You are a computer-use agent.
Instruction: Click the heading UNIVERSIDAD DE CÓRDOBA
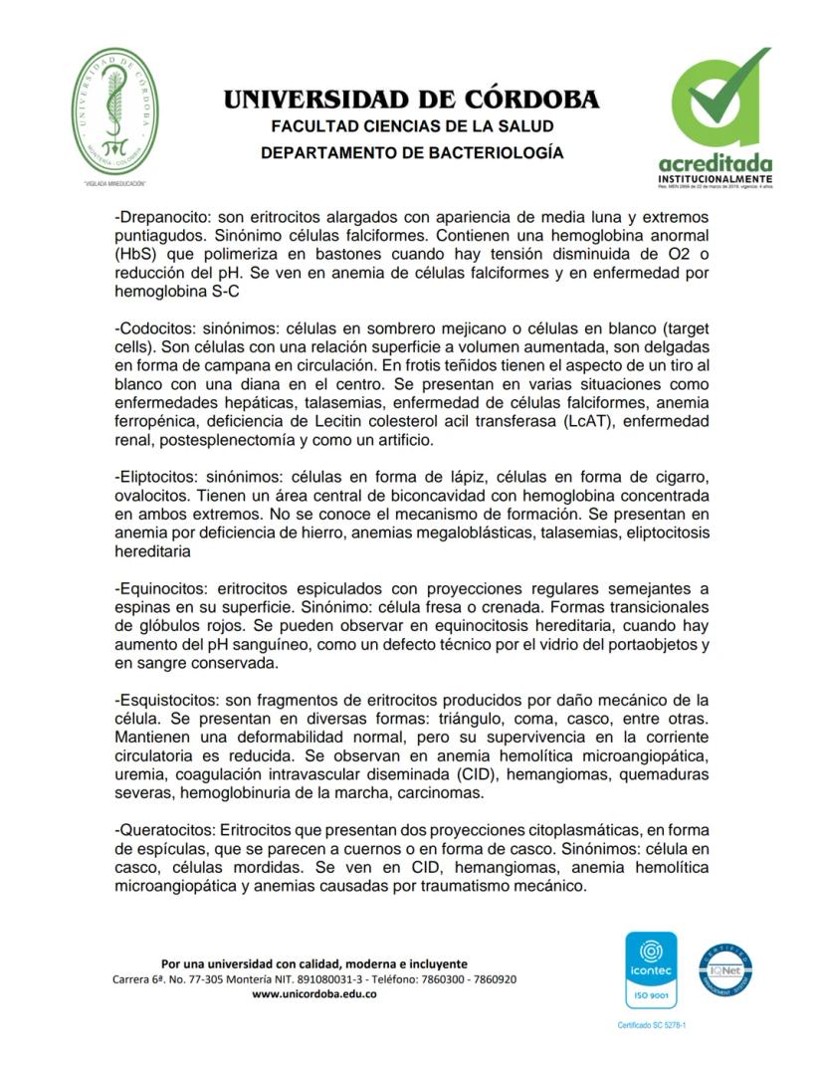click(411, 100)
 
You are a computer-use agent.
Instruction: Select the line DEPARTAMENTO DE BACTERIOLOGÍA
click(411, 153)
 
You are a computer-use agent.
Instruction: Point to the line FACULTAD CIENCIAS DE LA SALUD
click(411, 127)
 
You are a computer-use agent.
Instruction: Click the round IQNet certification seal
click(723, 968)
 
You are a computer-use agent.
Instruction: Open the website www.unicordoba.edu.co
click(313, 994)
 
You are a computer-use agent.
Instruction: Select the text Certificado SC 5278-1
click(652, 1024)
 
